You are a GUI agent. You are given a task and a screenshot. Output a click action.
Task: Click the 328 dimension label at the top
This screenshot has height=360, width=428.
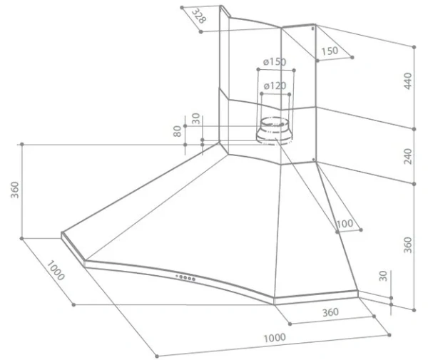pos(199,16)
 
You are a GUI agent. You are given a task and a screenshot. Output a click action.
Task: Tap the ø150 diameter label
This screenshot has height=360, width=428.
pos(275,62)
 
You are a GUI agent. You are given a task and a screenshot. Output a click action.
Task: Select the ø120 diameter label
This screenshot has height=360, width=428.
pos(275,86)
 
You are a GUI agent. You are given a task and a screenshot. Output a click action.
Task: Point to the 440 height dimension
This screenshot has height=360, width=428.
pos(407,81)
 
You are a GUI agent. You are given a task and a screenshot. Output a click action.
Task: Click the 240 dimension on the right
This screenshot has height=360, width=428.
pos(407,156)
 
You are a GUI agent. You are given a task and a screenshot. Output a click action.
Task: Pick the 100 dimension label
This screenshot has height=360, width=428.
pos(345,224)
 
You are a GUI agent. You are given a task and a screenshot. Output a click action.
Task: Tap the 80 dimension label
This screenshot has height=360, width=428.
pos(177,131)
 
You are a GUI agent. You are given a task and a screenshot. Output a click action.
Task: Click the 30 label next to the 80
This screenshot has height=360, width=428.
pos(195,119)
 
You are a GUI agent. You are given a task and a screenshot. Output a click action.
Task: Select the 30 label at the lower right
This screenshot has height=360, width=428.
pos(383,276)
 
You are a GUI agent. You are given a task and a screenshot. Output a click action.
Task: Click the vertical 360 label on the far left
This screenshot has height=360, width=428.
pos(15,190)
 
